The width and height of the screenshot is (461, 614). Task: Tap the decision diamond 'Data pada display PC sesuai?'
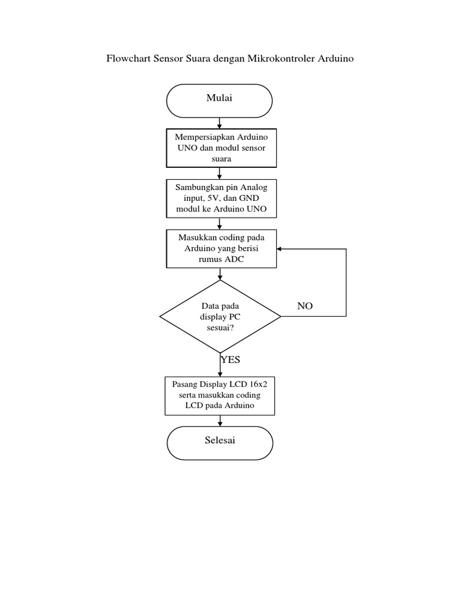220,316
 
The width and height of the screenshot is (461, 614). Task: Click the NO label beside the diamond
305,306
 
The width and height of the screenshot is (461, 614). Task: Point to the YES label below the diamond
230,360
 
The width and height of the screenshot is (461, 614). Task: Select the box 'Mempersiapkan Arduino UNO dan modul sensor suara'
221,148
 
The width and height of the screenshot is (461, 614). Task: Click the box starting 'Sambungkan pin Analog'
221,198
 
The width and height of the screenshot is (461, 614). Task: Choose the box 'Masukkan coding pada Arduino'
221,249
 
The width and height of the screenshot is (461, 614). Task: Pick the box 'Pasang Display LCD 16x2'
220,395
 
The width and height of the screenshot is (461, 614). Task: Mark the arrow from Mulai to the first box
220,123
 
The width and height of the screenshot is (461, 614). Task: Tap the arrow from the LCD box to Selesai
220,421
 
